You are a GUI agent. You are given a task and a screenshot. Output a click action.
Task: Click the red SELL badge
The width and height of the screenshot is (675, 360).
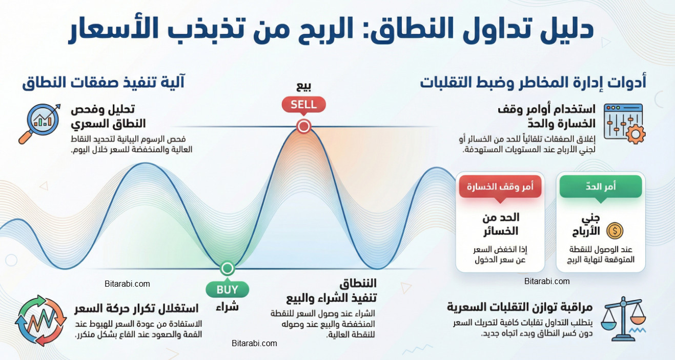[303, 105]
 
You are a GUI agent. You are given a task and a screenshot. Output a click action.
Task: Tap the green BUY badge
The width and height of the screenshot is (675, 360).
[227, 290]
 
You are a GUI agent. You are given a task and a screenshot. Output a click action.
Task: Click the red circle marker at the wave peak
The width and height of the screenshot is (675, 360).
[304, 126]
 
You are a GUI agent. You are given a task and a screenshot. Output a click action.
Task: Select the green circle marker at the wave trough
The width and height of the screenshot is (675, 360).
[227, 268]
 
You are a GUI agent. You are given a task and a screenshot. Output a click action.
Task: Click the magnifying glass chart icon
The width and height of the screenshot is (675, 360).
[37, 123]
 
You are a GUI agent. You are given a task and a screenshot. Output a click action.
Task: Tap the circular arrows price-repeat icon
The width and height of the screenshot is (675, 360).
[41, 321]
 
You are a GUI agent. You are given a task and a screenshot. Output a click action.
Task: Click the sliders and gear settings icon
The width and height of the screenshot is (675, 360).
[623, 123]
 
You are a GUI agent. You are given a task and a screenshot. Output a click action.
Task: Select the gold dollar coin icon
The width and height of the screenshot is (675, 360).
[615, 231]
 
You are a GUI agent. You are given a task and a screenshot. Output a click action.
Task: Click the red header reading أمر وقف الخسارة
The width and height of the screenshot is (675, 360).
[496, 187]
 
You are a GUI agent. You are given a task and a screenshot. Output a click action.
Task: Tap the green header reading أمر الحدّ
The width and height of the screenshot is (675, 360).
[600, 187]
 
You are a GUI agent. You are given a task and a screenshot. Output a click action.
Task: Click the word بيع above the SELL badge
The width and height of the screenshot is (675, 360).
[303, 85]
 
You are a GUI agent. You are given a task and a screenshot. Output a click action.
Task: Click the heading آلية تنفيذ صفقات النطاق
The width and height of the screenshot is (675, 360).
[103, 82]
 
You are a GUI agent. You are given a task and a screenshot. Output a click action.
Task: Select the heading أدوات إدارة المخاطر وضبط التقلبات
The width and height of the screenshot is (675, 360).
[533, 82]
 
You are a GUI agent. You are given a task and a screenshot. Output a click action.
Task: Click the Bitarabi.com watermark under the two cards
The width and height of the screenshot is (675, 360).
[547, 281]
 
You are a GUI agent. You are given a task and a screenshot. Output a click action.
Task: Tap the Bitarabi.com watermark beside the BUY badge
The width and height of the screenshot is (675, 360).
[127, 284]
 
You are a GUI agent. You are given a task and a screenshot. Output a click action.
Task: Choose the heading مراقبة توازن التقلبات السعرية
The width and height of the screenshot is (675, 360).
[520, 307]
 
